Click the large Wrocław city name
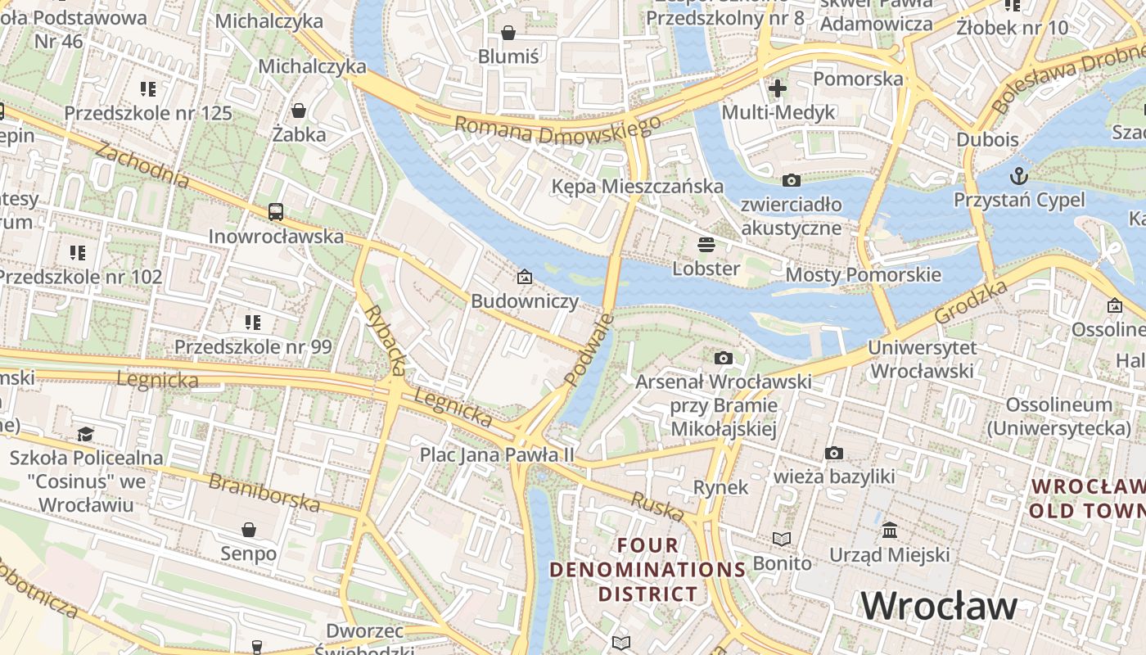939,606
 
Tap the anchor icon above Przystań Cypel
1018,175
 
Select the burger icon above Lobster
706,244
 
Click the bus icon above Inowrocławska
276,212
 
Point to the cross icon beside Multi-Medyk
777,88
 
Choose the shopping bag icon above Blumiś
508,33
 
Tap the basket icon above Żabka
299,111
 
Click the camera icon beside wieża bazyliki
834,453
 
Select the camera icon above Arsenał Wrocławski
723,358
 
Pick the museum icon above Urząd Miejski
890,531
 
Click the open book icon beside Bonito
782,539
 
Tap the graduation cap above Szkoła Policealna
85,433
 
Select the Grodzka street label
971,302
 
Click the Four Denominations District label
647,569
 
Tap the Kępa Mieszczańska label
637,186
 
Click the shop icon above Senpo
249,530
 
